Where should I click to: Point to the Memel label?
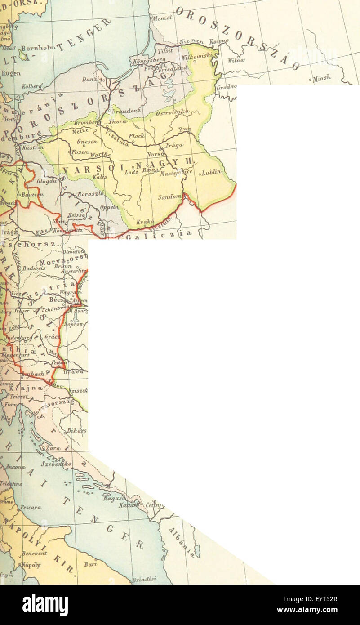[x=162, y=18]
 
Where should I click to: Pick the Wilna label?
[x=236, y=60]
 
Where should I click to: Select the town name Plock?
[x=136, y=135]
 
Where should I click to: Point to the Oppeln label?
[x=110, y=207]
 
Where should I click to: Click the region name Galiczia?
[x=158, y=234]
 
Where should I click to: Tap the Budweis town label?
[x=34, y=268]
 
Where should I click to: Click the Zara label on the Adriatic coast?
[x=53, y=448]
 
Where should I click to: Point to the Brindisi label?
[x=144, y=580]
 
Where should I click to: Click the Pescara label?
[x=30, y=507]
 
